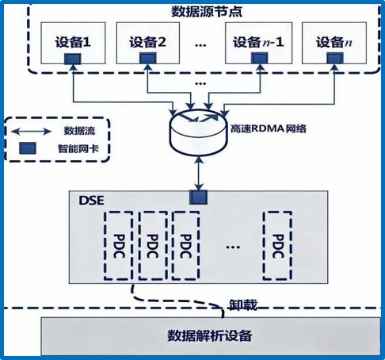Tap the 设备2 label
click(147, 42)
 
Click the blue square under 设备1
click(73, 59)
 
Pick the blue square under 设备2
click(147, 59)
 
